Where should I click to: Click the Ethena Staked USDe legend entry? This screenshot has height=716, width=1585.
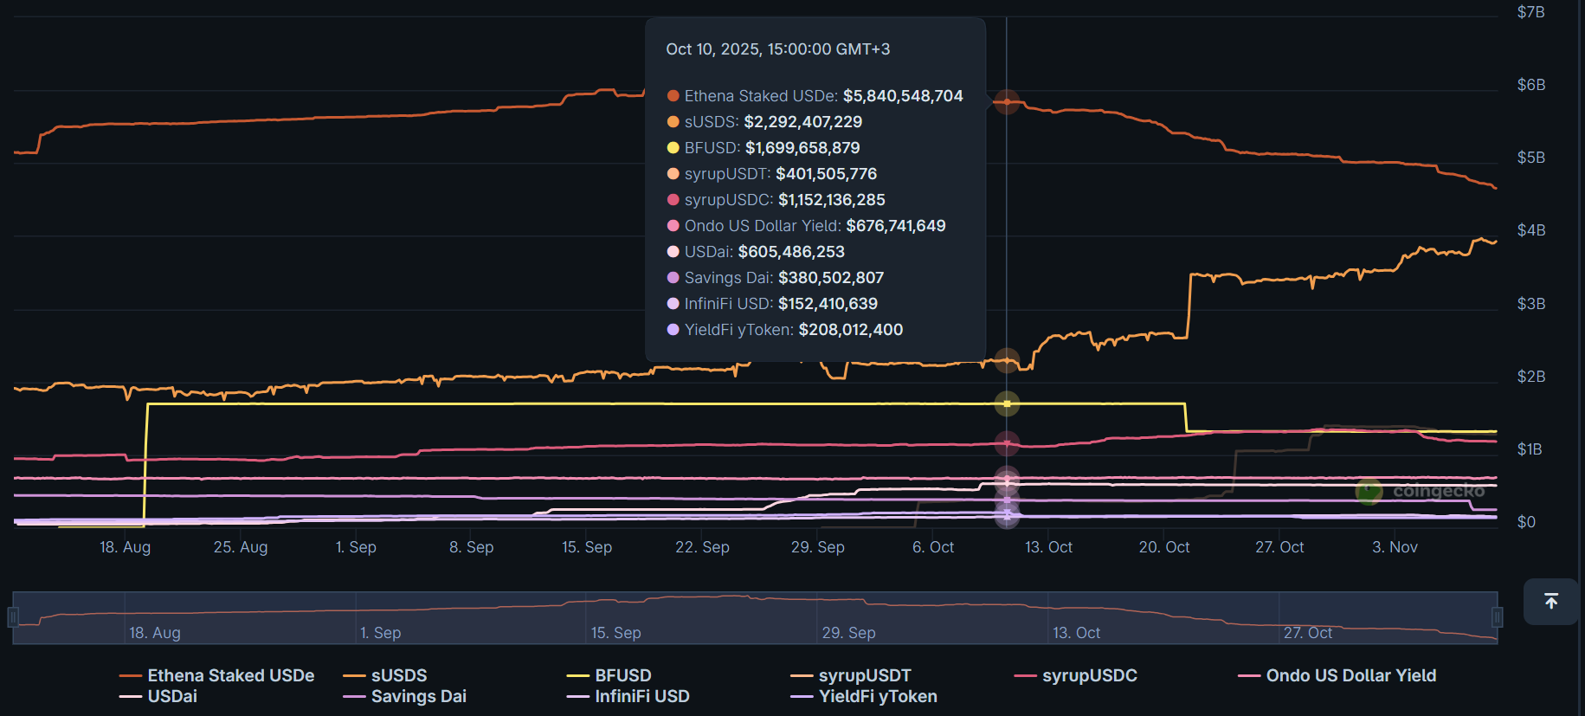click(x=230, y=675)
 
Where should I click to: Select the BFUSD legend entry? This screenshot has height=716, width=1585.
click(x=622, y=675)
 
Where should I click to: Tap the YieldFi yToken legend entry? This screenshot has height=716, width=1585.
click(x=877, y=696)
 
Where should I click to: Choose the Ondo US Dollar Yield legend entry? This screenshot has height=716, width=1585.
click(x=1350, y=675)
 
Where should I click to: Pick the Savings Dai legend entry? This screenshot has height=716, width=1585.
click(x=418, y=696)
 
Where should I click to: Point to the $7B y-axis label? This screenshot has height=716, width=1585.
click(x=1530, y=12)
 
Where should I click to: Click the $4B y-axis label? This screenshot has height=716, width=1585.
click(x=1530, y=230)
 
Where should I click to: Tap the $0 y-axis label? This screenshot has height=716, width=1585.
click(x=1526, y=522)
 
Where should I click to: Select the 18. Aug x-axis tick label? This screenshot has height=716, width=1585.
click(x=125, y=547)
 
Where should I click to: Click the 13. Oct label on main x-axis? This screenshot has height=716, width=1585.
click(x=1048, y=547)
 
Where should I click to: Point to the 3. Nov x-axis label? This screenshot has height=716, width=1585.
click(x=1395, y=547)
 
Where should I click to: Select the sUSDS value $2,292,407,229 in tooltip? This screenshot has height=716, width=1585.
click(x=802, y=122)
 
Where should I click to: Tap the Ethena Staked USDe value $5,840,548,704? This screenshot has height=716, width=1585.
click(x=902, y=96)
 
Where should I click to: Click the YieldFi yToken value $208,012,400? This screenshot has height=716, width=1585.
click(x=850, y=330)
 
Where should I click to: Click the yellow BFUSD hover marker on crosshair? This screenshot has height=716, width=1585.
click(x=1007, y=403)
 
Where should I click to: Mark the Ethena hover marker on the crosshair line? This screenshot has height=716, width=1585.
click(x=1007, y=102)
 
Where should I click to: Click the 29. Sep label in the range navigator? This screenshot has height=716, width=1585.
click(x=848, y=633)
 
